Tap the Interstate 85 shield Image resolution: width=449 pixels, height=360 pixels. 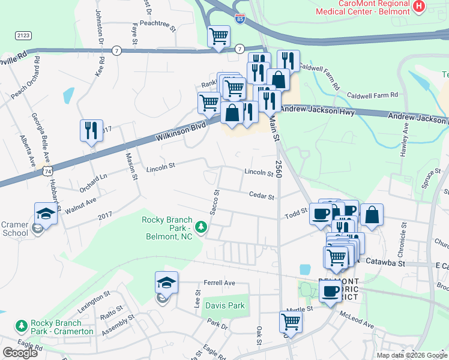[240, 20]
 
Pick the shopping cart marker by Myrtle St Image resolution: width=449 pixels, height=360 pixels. [291, 321]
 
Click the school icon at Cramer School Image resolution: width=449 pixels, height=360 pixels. [46, 212]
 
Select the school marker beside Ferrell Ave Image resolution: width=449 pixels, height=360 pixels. [167, 282]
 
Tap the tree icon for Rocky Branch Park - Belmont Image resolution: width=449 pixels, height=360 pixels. [202, 227]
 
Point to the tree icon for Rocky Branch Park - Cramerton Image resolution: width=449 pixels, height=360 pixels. [22, 326]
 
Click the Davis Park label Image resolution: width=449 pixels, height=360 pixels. [225, 305]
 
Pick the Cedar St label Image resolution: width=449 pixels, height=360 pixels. [262, 196]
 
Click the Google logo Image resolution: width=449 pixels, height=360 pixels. [20, 353]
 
